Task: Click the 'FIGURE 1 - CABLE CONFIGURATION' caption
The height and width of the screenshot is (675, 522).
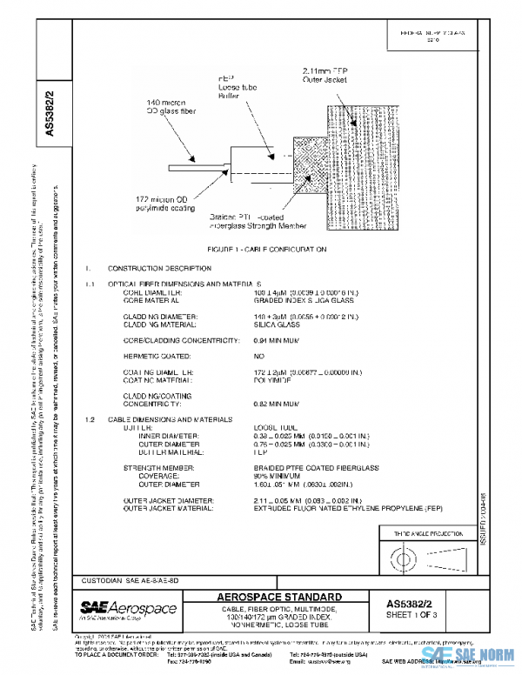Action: tap(260, 249)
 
